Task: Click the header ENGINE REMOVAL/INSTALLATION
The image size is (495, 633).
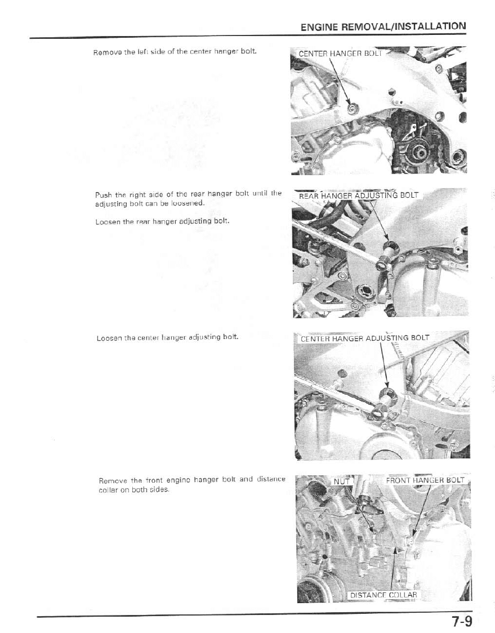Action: pyautogui.click(x=383, y=27)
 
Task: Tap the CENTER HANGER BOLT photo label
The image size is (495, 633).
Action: pyautogui.click(x=340, y=54)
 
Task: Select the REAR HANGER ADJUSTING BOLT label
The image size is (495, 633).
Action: pyautogui.click(x=358, y=195)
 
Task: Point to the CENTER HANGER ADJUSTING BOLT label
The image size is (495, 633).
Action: pyautogui.click(x=364, y=338)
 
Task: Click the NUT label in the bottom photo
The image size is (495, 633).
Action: pyautogui.click(x=341, y=481)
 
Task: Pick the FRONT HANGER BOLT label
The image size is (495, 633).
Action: pyautogui.click(x=425, y=480)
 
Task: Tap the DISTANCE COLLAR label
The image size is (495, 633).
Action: pyautogui.click(x=383, y=595)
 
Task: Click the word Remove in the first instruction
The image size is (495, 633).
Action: pyautogui.click(x=105, y=52)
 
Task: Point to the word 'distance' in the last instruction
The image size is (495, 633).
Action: pyautogui.click(x=271, y=480)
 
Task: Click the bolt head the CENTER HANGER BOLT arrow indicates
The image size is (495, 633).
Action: pyautogui.click(x=353, y=108)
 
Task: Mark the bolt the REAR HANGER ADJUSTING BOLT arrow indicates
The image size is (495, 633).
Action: pyautogui.click(x=388, y=247)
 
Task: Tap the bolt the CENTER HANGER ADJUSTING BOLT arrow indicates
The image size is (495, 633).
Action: pyautogui.click(x=387, y=393)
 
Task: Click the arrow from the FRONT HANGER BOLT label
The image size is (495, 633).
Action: pyautogui.click(x=421, y=510)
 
